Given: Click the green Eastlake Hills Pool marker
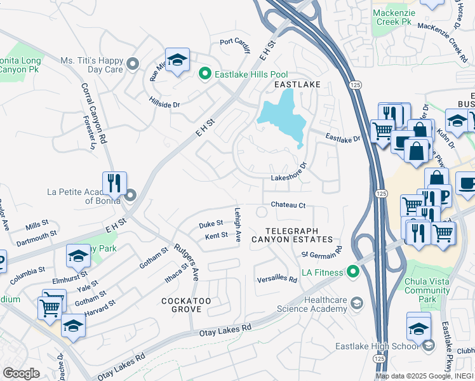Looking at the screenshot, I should (x=205, y=74).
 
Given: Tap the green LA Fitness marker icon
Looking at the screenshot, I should (x=354, y=272).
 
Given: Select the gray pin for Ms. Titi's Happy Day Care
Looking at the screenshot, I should (x=133, y=64).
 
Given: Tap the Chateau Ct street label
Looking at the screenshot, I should (x=288, y=205).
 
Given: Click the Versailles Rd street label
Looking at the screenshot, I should (x=277, y=279).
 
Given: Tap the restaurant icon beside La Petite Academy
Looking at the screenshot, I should (x=114, y=183).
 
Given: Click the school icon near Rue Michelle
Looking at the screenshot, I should (x=178, y=60).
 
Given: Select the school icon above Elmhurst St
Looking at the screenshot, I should (x=79, y=256).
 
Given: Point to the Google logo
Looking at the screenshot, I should (x=21, y=373).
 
